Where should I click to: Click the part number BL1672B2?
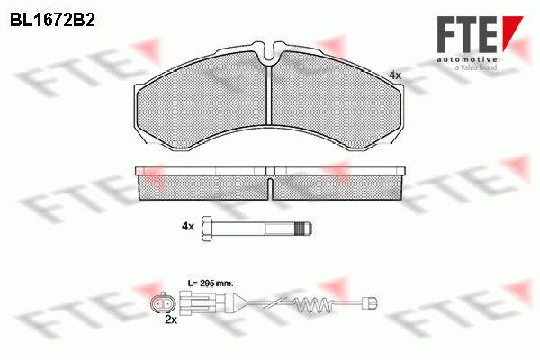click(x=52, y=21)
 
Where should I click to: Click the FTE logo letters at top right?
click(x=467, y=35)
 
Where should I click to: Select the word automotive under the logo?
click(x=467, y=60)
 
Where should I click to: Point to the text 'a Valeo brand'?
click(x=476, y=67)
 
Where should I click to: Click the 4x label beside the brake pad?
click(x=395, y=75)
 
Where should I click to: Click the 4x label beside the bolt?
click(x=188, y=226)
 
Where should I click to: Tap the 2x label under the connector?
click(x=171, y=319)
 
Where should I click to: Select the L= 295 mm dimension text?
click(x=211, y=283)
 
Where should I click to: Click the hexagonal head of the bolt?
click(x=207, y=229)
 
